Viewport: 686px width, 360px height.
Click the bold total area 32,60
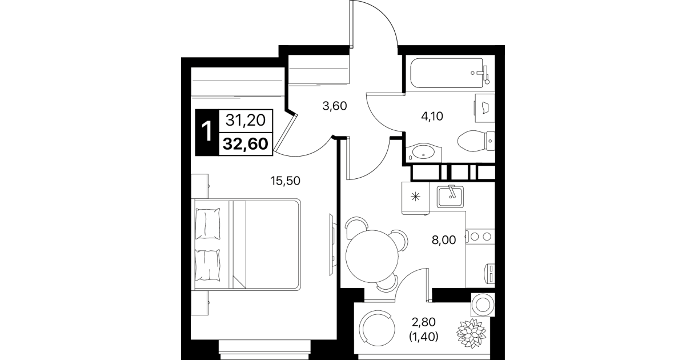click(246, 144)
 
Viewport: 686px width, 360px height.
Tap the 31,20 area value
click(246, 120)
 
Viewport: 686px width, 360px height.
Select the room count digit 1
click(207, 132)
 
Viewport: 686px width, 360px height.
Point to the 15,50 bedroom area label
click(285, 181)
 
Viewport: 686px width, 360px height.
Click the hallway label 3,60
click(335, 106)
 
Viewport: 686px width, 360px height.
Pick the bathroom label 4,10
click(432, 117)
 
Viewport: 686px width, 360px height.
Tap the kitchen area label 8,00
click(444, 240)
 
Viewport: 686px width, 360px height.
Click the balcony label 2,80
click(424, 322)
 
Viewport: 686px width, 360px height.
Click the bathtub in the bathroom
click(450, 73)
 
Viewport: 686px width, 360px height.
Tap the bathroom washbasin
click(424, 153)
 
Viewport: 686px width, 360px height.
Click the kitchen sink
click(450, 197)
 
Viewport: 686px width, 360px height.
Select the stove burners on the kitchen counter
click(480, 236)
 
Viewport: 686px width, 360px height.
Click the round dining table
click(372, 256)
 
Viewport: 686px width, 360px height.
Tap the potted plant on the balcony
click(471, 333)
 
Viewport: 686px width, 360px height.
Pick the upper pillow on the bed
click(208, 223)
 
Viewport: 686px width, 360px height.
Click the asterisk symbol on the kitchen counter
click(416, 197)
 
